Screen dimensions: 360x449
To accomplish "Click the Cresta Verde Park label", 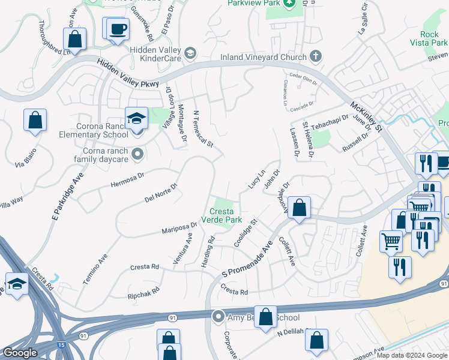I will pos(226,215).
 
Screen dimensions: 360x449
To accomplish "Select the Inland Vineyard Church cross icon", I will pos(316,57).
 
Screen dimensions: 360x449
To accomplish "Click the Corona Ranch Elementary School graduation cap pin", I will pos(136,118).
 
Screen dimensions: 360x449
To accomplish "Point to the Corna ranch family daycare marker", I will pos(137,154).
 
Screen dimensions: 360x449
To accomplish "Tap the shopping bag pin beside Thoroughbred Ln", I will pos(75,40).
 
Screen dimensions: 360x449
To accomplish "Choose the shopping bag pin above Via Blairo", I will pos(35,119).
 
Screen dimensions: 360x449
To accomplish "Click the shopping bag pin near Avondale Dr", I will pos(300,208).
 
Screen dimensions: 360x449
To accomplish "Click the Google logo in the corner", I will pos(20,353).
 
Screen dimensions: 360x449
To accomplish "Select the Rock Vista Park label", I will pos(433,38).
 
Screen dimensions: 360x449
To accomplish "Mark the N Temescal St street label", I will pos(203,128).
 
